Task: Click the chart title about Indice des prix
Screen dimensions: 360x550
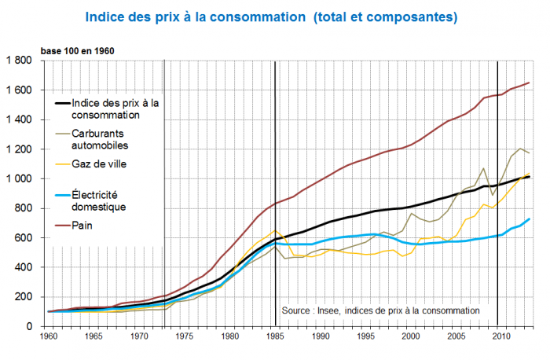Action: [x=270, y=16]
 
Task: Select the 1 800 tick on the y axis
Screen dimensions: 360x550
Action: [x=21, y=61]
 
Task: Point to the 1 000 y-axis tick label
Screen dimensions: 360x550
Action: [x=21, y=178]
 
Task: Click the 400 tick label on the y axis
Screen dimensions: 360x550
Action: [x=27, y=267]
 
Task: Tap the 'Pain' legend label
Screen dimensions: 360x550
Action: [x=81, y=227]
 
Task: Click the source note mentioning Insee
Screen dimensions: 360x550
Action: [x=379, y=310]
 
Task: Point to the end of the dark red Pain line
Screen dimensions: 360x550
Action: [x=529, y=83]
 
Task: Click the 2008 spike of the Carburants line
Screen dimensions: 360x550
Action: [x=484, y=169]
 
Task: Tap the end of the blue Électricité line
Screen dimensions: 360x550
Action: [x=529, y=219]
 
